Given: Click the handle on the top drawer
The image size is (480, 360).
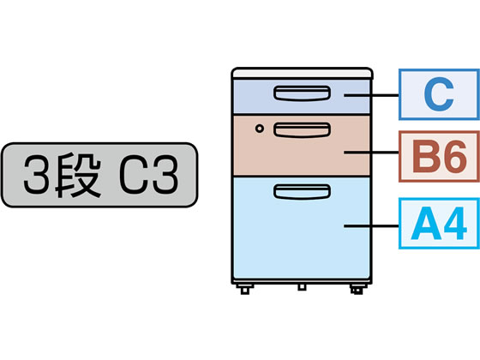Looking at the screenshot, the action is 302,93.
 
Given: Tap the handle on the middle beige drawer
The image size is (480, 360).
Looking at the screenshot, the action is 302,129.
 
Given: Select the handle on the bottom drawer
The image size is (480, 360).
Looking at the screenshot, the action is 302,192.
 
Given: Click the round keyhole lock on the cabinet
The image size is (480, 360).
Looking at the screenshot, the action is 259,129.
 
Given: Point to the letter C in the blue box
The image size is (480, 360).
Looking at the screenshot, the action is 439,94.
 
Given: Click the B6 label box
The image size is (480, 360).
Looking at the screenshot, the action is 439,156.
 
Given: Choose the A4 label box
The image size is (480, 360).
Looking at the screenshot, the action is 439,224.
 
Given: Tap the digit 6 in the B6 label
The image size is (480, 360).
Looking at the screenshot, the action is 454,156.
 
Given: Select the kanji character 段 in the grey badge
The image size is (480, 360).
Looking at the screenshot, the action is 78,175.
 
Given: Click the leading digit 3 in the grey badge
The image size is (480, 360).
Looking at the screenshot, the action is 36,175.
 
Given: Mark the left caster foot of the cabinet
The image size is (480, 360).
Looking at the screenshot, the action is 245,290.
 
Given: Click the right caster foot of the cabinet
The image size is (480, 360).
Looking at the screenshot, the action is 357,290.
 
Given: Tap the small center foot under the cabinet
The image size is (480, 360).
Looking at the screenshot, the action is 302,287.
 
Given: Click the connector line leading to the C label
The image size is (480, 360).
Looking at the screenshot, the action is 371,95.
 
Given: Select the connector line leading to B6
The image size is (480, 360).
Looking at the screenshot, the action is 371,152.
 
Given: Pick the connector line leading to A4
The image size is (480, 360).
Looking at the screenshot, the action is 371,226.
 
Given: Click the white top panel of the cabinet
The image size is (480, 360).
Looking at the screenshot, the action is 302,74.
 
